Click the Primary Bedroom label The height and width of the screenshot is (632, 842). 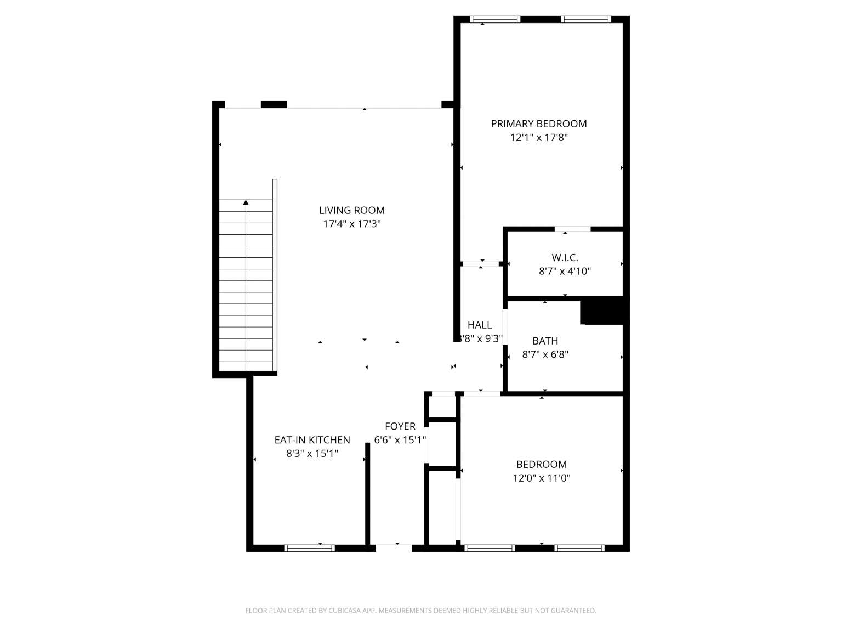538,124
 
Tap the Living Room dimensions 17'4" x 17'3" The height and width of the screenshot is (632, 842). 352,224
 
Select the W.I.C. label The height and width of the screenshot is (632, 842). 565,257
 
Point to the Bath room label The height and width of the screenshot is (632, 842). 545,341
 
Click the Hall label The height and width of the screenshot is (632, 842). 480,325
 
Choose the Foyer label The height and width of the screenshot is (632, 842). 400,426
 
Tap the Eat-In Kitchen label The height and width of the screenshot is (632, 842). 312,440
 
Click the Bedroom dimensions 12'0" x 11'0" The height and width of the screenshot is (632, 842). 542,478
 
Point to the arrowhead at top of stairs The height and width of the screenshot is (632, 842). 246,202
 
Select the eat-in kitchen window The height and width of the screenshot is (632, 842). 310,549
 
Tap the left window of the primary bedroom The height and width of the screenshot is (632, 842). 495,20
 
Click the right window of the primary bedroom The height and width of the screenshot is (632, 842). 586,20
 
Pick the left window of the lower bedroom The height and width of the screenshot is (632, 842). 490,549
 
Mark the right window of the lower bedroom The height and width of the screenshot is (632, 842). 579,549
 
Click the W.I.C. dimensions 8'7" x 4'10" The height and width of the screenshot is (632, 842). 565,272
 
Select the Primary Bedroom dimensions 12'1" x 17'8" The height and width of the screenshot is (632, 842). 538,137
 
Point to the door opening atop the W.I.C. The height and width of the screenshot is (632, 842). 573,229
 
